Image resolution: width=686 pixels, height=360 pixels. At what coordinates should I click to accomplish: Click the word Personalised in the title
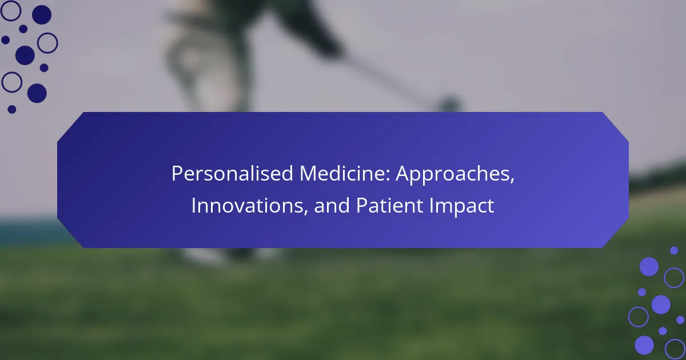[x=232, y=174]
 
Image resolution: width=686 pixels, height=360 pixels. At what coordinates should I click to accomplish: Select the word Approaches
[x=453, y=174]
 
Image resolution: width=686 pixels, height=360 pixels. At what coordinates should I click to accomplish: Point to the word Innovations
[x=248, y=205]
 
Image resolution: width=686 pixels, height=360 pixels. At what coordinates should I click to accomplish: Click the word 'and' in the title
[x=332, y=205]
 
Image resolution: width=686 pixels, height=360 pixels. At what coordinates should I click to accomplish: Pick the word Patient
[x=389, y=205]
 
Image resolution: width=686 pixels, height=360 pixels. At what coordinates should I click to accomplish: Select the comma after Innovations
[x=306, y=213]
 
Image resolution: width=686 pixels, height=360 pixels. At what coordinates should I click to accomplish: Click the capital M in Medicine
[x=308, y=174]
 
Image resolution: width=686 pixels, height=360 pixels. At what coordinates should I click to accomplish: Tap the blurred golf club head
[x=449, y=103]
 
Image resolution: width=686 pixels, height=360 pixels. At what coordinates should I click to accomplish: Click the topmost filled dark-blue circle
[x=42, y=15]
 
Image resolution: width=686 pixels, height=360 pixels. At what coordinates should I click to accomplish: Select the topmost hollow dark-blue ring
[x=11, y=11]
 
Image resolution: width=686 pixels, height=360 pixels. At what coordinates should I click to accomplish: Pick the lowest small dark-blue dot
[x=11, y=109]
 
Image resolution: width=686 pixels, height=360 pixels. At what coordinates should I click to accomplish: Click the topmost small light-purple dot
[x=674, y=250]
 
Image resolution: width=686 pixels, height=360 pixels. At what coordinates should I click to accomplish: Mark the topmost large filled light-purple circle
[x=649, y=267]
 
